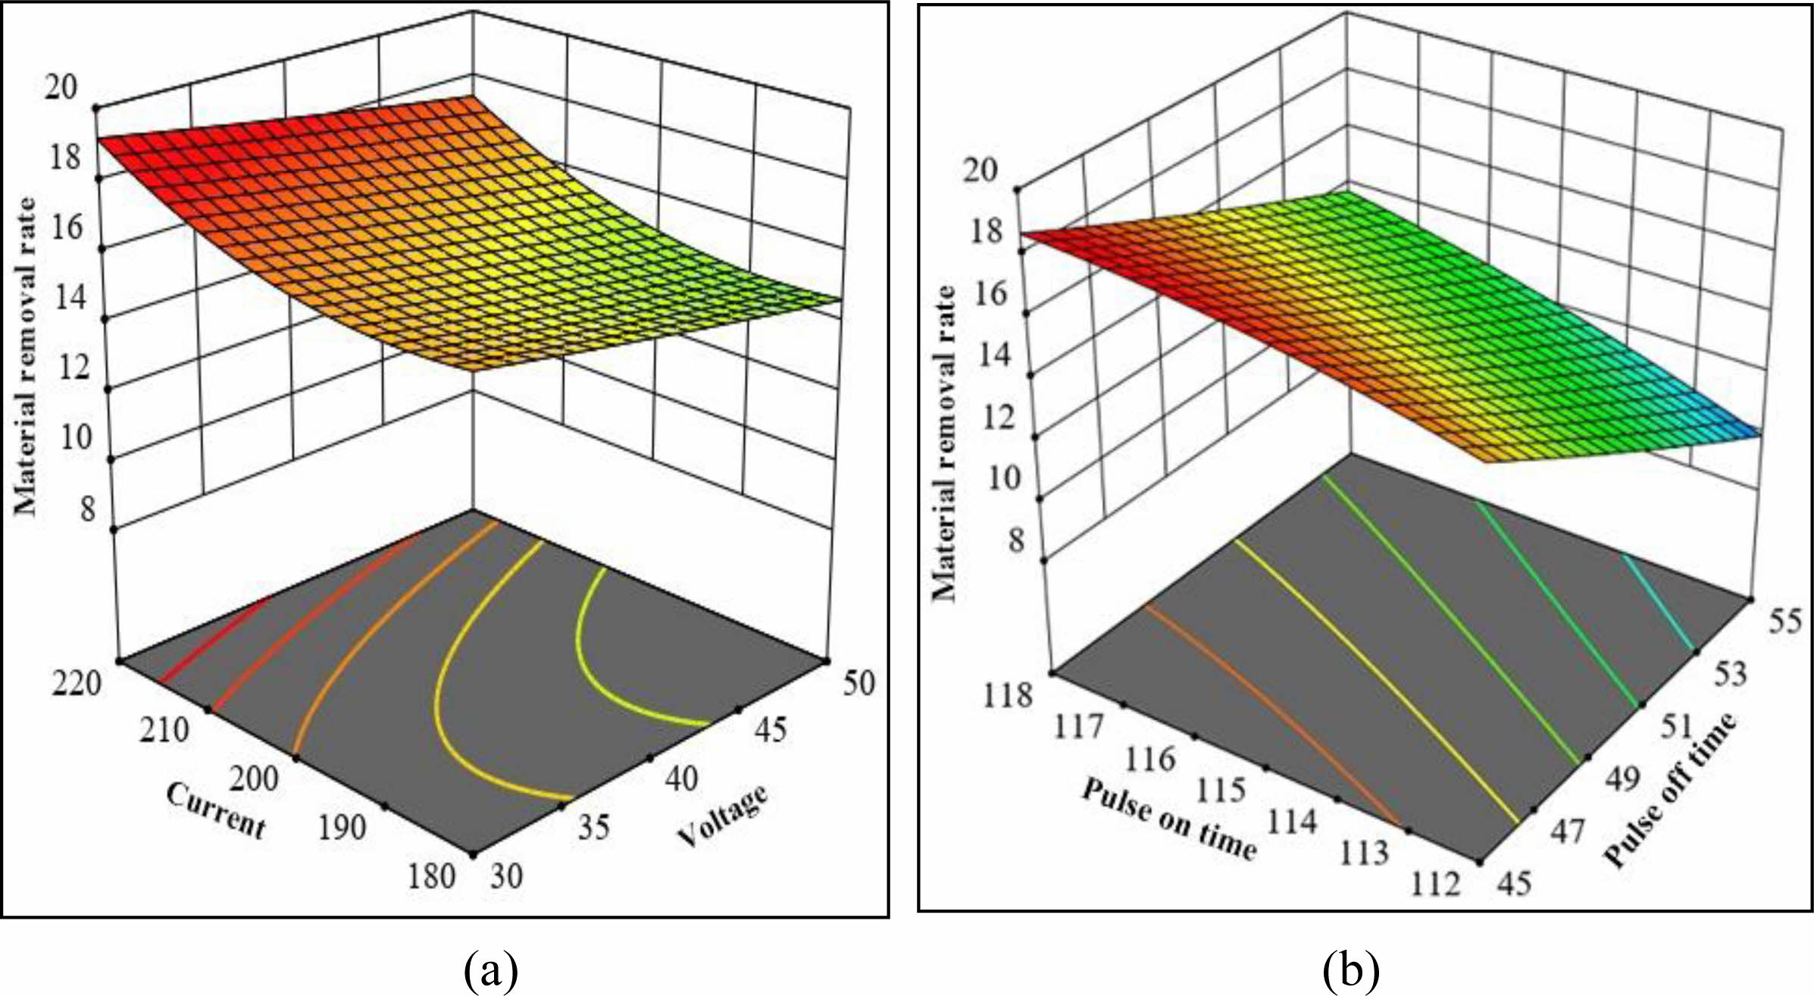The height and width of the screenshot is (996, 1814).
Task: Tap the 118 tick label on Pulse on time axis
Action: coord(1008,694)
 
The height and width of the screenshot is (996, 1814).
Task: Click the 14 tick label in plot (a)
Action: coord(72,298)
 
